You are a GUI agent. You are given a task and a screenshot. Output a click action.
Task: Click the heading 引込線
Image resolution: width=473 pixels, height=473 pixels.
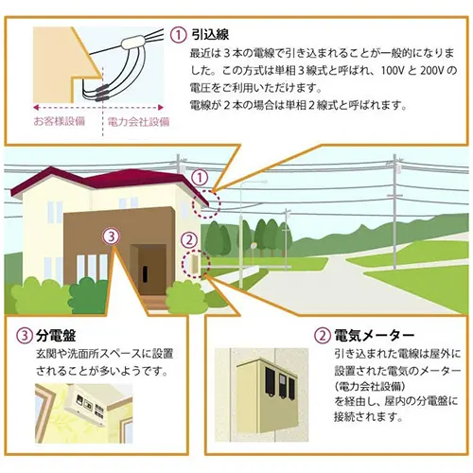210,34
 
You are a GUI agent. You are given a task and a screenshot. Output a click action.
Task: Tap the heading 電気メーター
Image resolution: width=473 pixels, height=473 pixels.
374,336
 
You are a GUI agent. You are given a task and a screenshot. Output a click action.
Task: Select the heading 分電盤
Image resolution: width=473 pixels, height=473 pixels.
56,336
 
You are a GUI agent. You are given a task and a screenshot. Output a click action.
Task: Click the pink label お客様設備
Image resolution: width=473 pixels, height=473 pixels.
60,121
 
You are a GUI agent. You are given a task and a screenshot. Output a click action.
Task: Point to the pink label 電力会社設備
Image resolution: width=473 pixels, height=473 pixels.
138,121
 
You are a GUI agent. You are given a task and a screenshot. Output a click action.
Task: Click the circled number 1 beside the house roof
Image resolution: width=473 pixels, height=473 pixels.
200,178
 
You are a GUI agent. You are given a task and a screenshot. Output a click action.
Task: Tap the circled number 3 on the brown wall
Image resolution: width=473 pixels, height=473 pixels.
111,236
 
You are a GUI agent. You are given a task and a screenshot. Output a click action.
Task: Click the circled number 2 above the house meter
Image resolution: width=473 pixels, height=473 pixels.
189,240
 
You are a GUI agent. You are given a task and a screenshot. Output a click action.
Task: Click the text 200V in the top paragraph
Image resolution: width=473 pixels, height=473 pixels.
432,70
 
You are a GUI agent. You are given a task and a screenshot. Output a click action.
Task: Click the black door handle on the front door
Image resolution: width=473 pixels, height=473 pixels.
145,273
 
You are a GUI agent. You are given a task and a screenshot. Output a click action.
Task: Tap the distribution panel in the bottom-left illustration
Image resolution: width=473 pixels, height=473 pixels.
86,404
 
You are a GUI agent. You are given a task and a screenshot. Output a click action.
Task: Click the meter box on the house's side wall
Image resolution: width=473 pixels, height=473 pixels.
193,264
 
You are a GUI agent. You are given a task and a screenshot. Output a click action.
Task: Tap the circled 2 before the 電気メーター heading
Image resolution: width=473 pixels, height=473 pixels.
323,336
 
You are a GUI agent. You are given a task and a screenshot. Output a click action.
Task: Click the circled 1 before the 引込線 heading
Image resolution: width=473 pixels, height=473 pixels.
179,35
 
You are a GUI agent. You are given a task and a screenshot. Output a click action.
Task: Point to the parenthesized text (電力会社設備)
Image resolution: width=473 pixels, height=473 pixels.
370,386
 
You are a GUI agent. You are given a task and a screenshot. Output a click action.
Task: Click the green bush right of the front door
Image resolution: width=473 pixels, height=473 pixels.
184,298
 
